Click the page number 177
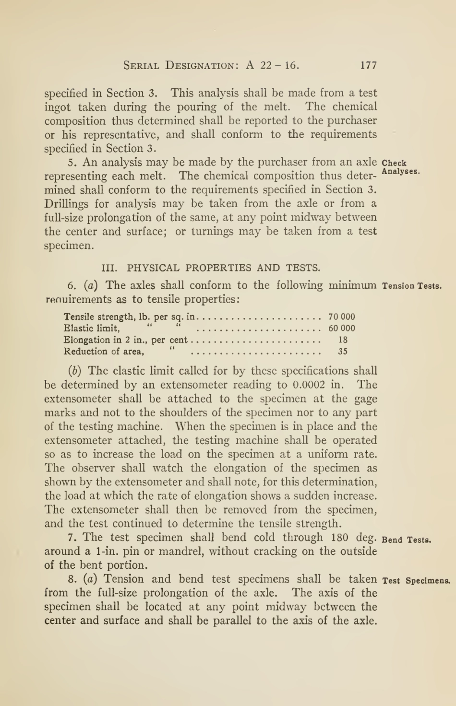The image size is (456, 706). (368, 65)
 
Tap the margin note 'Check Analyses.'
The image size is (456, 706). (401, 167)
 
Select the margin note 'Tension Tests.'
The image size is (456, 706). (412, 286)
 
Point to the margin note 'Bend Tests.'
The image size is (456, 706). (406, 540)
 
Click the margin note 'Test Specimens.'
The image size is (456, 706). (416, 581)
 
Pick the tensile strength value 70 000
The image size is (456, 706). (342, 317)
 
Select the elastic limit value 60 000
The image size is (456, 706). (342, 328)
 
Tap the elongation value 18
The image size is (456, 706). (343, 340)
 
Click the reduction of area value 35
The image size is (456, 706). (343, 351)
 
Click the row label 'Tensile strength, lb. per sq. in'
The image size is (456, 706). (130, 317)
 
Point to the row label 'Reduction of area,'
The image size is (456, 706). (104, 352)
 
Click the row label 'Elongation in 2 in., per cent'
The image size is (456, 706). (126, 340)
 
